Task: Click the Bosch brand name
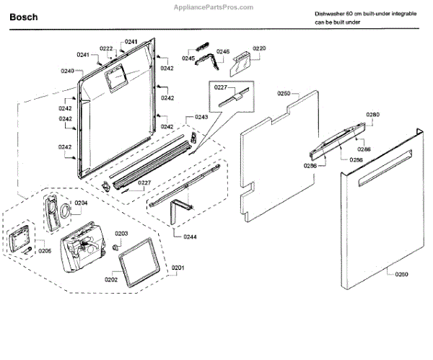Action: click(x=24, y=16)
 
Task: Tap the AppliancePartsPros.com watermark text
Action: click(x=216, y=7)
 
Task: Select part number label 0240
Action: click(x=68, y=71)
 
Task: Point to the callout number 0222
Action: click(x=106, y=49)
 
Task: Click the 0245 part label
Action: click(x=188, y=58)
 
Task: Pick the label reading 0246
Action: click(x=222, y=51)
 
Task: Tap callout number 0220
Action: click(x=259, y=48)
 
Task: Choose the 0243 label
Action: click(x=201, y=117)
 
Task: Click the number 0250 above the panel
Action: click(x=284, y=94)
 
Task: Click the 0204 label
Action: click(x=81, y=203)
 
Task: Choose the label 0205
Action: click(x=45, y=250)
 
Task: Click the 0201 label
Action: click(x=178, y=268)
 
